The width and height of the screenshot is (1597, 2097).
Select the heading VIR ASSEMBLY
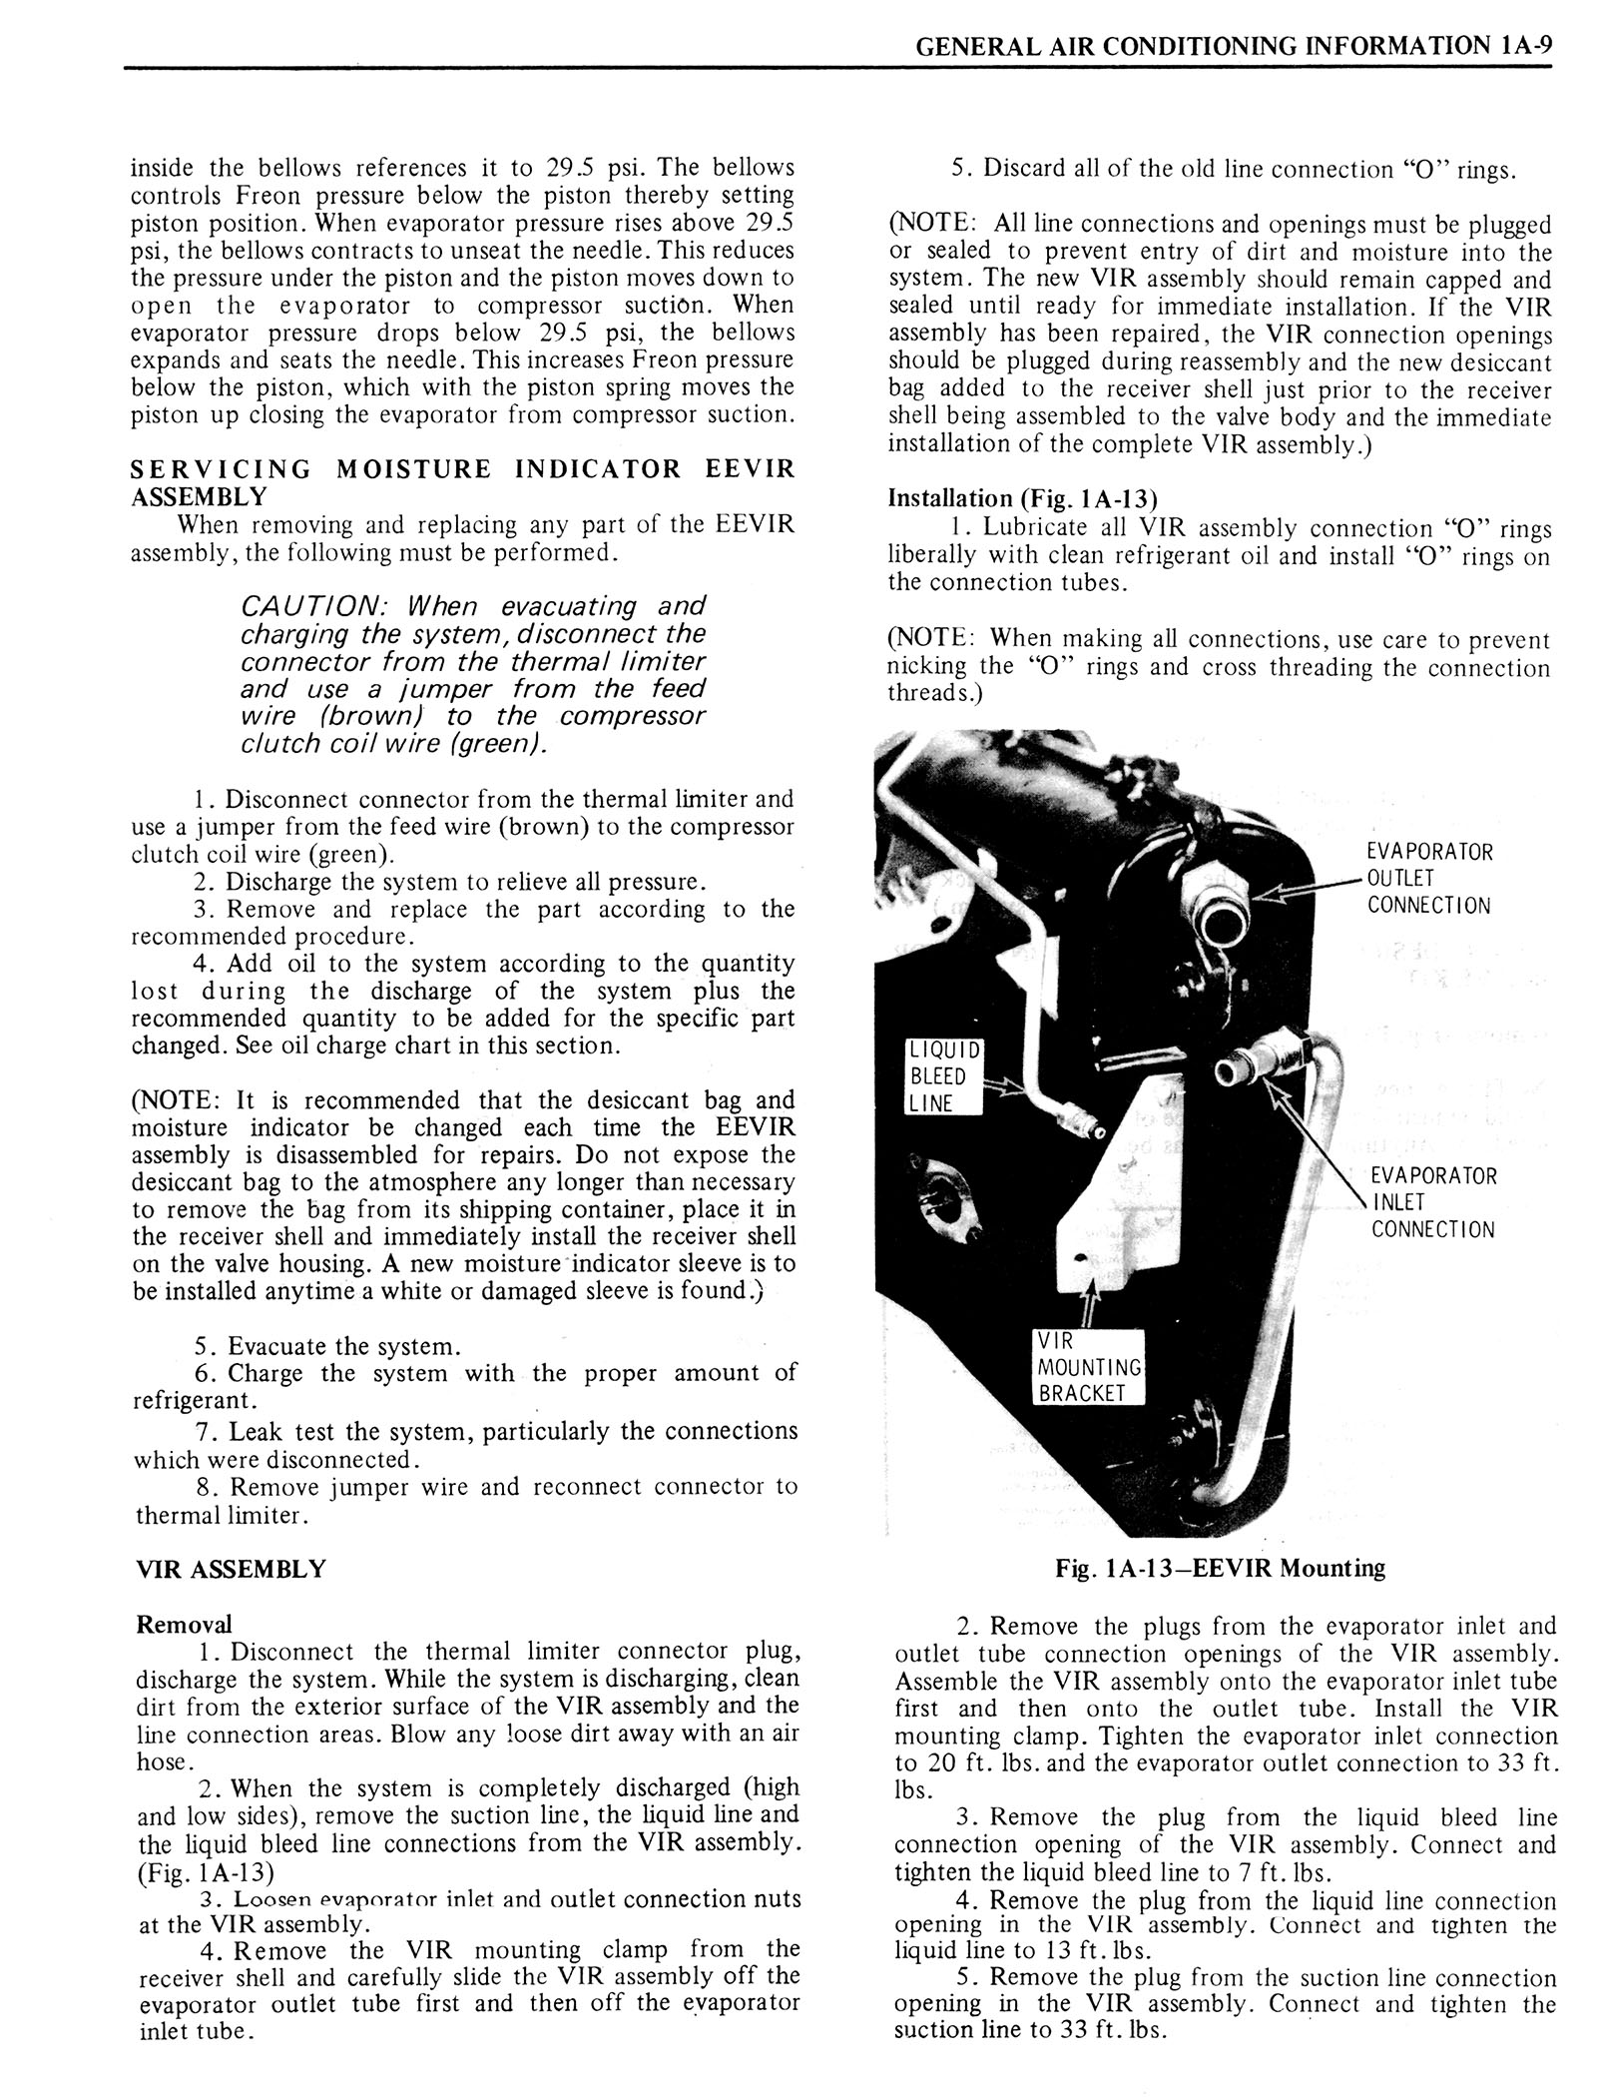tap(231, 1569)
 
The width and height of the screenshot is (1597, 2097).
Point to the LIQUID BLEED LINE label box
tap(943, 1076)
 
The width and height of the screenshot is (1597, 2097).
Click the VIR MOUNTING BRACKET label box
tap(1087, 1367)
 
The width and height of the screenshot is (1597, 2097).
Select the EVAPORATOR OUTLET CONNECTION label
tap(1428, 879)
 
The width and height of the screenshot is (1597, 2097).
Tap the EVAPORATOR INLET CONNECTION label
tap(1432, 1202)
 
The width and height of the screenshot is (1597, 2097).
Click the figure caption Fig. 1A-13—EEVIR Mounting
tap(1220, 1569)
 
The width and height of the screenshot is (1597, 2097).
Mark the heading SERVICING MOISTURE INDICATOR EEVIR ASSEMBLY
tap(462, 482)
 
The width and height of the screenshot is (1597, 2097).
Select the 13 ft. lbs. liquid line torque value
tap(1098, 1950)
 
